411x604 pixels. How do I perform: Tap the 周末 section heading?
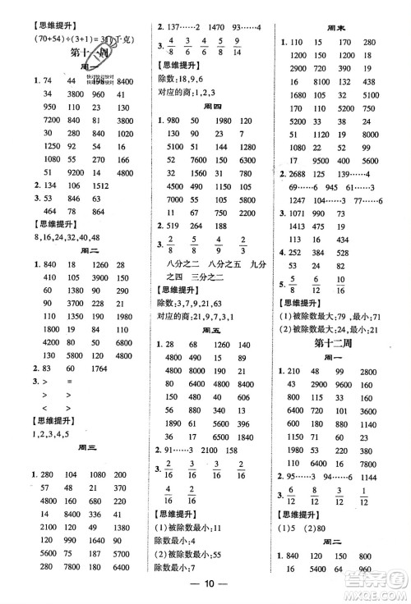pyautogui.click(x=339, y=25)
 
